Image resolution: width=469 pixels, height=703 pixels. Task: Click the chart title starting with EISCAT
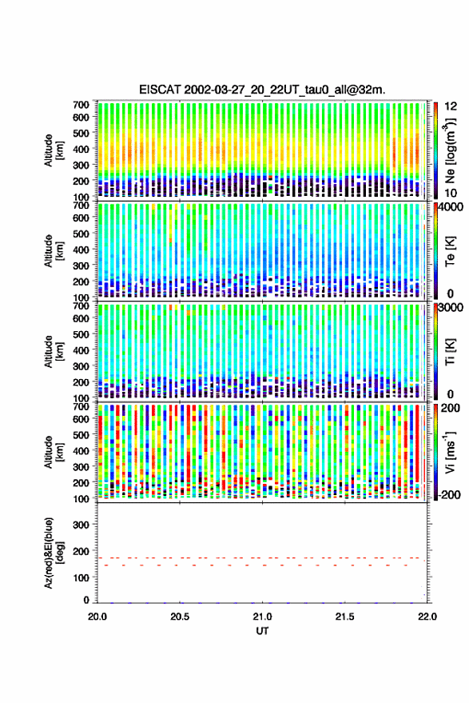262,90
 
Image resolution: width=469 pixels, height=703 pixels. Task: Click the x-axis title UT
263,631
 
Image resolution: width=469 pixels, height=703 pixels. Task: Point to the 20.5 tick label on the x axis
180,617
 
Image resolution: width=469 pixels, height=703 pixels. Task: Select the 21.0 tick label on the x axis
263,617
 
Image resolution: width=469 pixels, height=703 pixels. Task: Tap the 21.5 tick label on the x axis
345,617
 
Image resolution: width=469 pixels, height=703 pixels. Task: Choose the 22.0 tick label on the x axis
427,617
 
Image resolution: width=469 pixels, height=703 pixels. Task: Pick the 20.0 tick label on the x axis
97,617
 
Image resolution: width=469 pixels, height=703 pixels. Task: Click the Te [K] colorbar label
450,251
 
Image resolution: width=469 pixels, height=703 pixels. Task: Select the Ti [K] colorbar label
450,352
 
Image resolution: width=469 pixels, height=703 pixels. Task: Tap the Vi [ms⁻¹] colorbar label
450,453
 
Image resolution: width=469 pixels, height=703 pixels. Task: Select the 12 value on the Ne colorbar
450,106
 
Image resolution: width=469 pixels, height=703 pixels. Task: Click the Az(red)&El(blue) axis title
54,553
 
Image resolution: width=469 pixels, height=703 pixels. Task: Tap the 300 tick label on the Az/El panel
81,525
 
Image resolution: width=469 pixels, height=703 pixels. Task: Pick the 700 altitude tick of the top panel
81,105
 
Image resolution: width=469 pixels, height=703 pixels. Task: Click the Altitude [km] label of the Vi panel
54,452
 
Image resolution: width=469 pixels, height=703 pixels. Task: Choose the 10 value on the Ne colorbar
450,193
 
